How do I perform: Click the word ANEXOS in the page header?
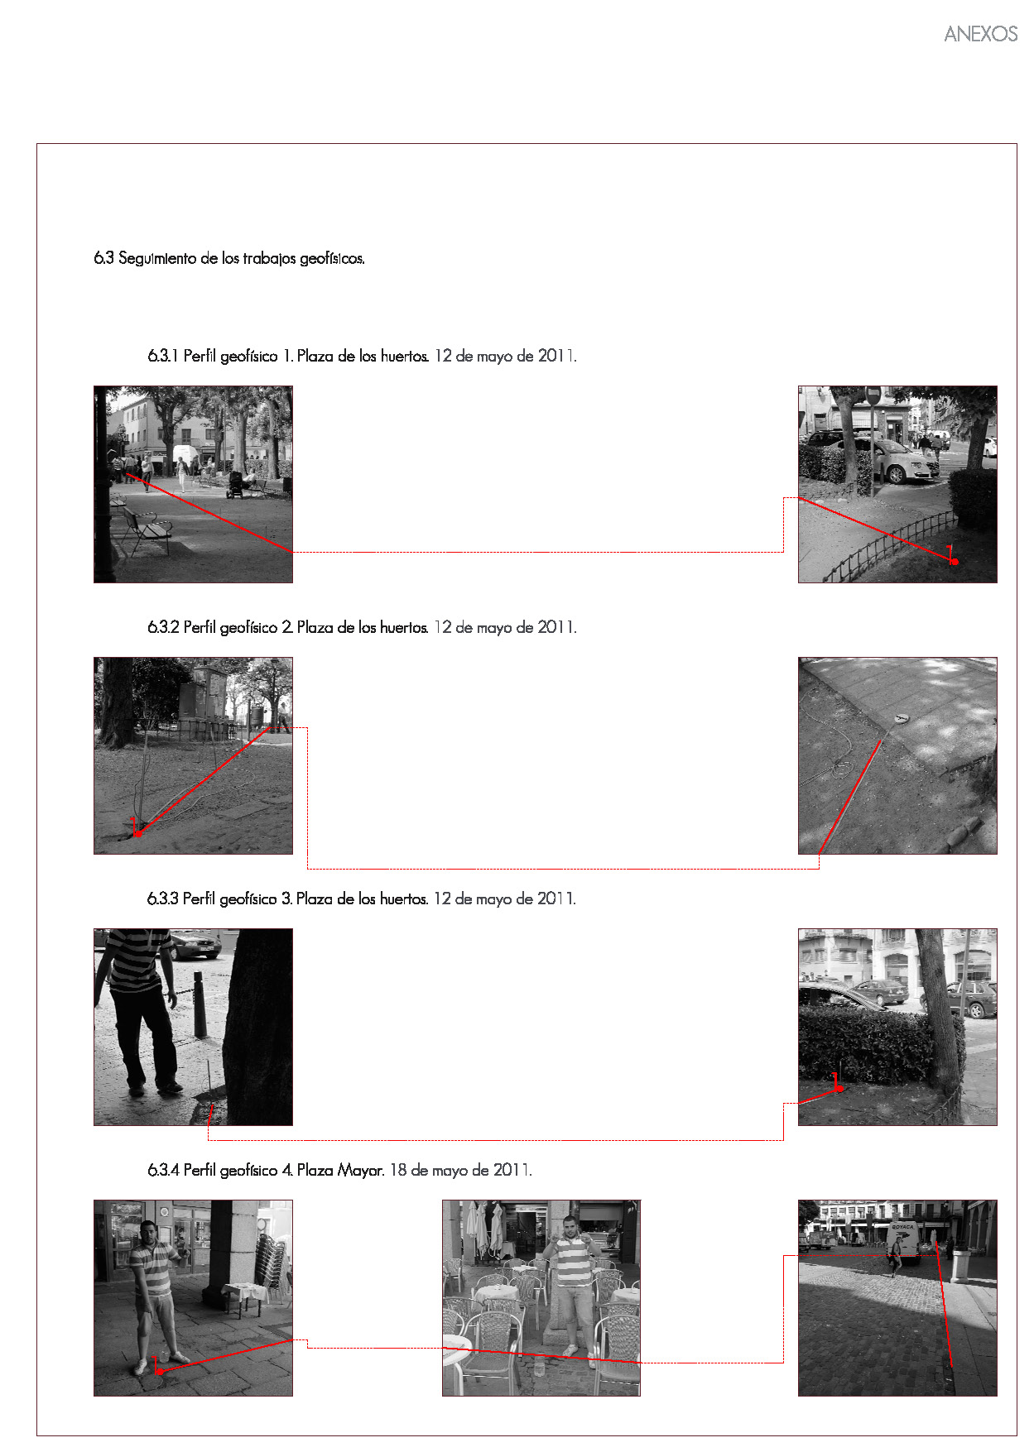980,34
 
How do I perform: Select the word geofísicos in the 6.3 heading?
332,259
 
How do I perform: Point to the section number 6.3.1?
163,357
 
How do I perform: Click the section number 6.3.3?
163,899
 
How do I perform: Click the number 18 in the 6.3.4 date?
398,1171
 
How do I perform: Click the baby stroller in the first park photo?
236,485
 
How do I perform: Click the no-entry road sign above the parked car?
872,395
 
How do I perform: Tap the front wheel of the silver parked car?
896,473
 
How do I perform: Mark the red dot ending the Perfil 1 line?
954,562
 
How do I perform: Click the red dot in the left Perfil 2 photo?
137,833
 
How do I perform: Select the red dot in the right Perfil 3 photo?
840,1088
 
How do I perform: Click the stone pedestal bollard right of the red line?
960,1264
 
